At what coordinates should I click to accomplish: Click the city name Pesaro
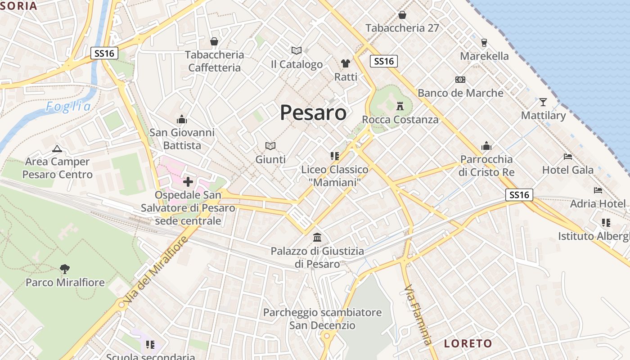click(x=313, y=112)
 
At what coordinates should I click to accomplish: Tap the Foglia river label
click(x=68, y=107)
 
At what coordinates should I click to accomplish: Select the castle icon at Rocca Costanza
click(x=400, y=106)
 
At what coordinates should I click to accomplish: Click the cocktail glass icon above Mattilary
click(x=543, y=102)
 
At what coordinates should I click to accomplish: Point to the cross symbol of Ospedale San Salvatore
click(x=188, y=182)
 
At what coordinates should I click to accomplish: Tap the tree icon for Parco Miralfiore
click(x=65, y=269)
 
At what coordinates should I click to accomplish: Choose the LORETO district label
click(x=468, y=343)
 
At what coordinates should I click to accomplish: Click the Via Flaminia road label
click(x=418, y=315)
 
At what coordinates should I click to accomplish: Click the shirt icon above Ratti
click(x=346, y=63)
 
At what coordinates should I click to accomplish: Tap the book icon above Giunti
click(x=270, y=146)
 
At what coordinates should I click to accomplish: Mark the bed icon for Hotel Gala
click(x=568, y=157)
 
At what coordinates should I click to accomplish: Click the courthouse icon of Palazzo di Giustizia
click(x=317, y=237)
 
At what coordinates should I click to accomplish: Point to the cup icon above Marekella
click(x=484, y=43)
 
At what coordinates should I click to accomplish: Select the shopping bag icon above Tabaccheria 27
click(x=402, y=15)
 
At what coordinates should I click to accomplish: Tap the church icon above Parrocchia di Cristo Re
click(x=486, y=146)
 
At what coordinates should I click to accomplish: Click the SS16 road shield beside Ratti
click(x=384, y=61)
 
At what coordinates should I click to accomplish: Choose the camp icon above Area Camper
click(x=57, y=148)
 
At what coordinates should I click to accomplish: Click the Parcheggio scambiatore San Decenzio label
click(x=322, y=319)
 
